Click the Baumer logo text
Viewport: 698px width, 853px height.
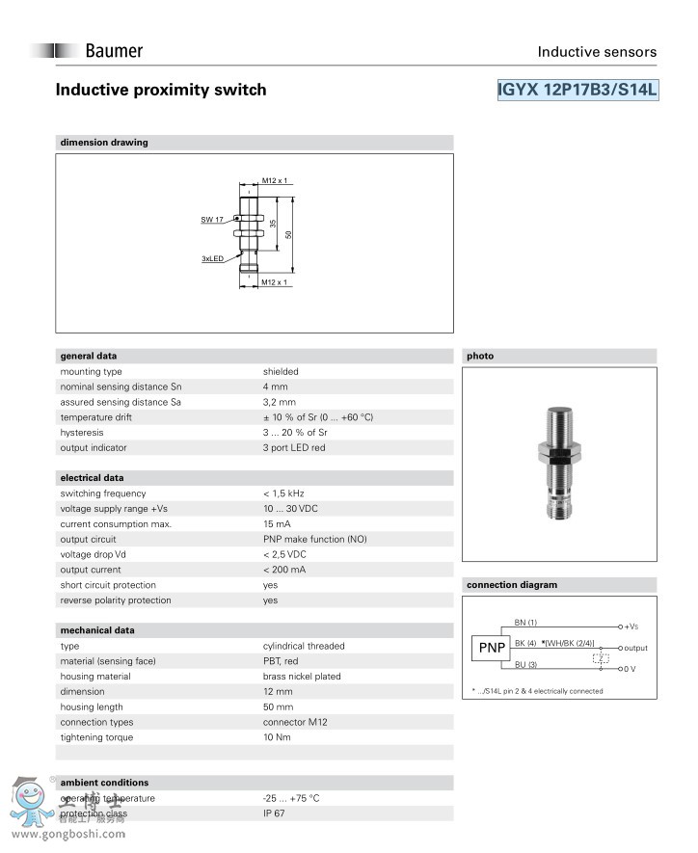click(x=114, y=51)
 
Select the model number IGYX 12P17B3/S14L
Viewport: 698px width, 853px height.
click(x=577, y=90)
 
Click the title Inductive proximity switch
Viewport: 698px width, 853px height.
click(x=161, y=90)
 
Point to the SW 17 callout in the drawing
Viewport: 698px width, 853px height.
click(x=212, y=221)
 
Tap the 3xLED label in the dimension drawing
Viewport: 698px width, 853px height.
click(x=212, y=258)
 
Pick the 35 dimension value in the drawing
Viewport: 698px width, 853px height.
click(x=273, y=223)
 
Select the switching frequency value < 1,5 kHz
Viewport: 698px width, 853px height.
click(x=286, y=493)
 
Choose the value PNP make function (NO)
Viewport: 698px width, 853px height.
click(x=314, y=539)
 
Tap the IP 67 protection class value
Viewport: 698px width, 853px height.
click(x=275, y=813)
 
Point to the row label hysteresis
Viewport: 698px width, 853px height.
click(x=81, y=433)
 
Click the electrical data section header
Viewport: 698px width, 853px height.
click(x=92, y=478)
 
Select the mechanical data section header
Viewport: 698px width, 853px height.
click(x=97, y=630)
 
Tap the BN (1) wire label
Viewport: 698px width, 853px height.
click(x=525, y=623)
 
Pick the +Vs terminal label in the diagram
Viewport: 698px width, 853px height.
click(x=631, y=626)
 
